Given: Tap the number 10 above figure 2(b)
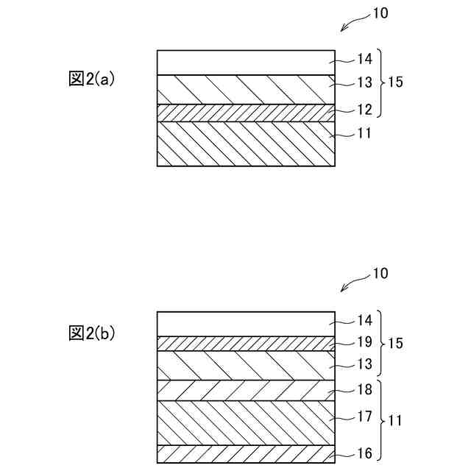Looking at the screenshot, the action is click(380, 274).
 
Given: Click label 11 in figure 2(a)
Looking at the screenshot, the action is click(364, 134).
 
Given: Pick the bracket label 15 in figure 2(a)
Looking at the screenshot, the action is click(395, 82).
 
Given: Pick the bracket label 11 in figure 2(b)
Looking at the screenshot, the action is click(395, 421).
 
